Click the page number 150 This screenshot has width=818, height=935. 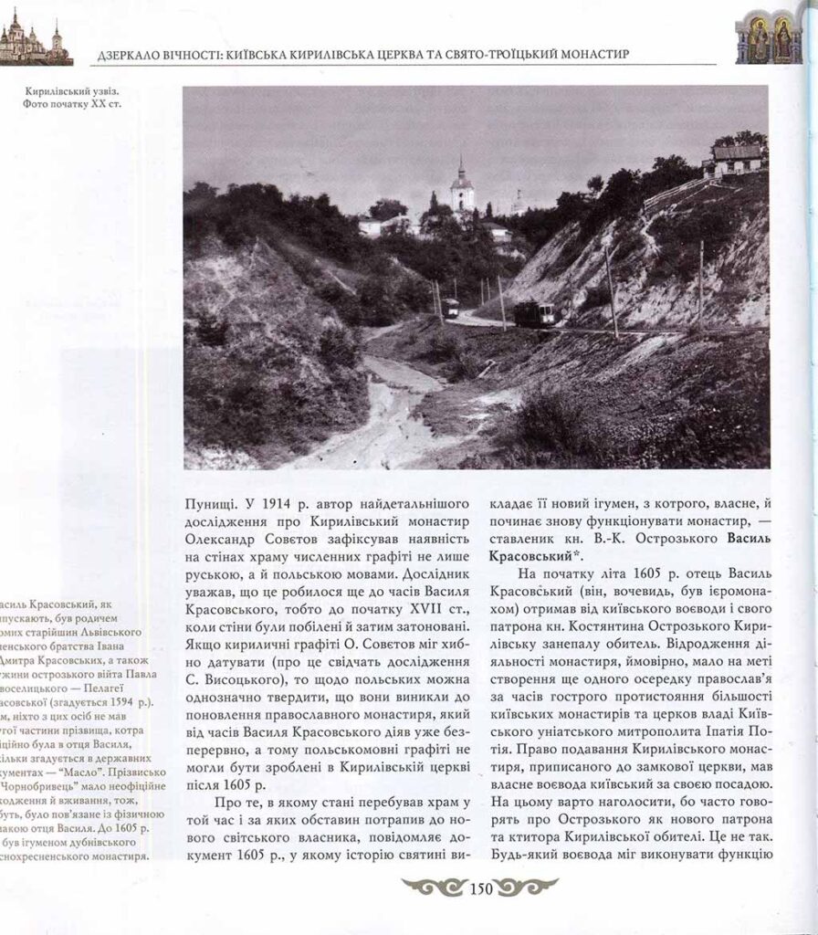[479, 886]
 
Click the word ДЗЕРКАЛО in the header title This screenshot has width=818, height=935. [129, 56]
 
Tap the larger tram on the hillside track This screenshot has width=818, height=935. [533, 313]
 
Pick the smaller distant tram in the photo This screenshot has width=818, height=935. [451, 307]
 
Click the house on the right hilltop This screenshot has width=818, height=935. [734, 157]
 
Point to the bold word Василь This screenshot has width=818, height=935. [753, 538]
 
